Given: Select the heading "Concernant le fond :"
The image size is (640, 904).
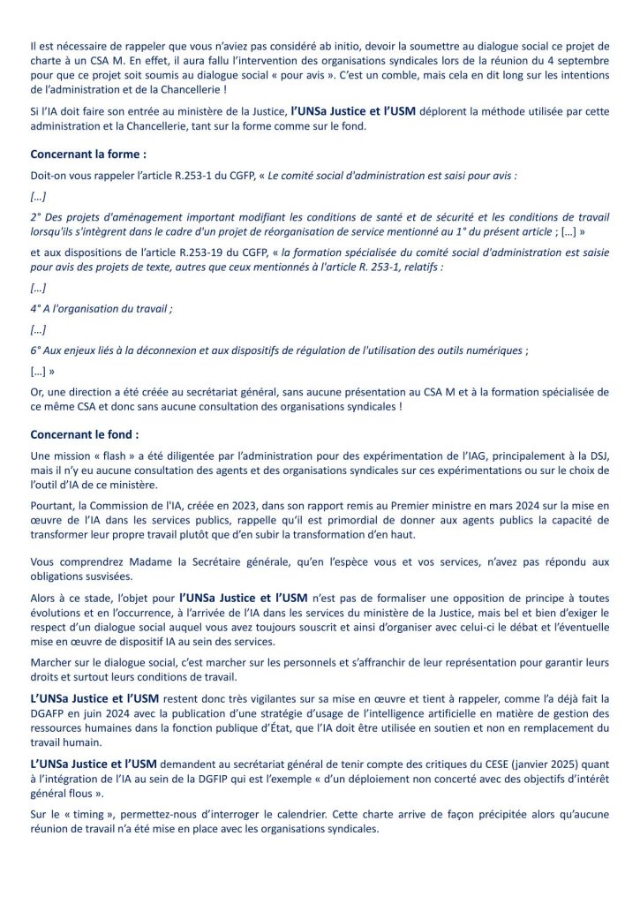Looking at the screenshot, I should coord(84,434).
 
